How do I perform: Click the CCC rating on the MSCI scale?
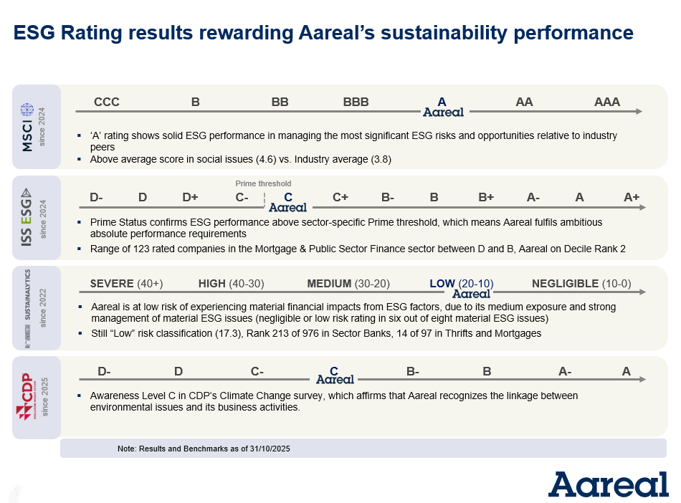click(107, 102)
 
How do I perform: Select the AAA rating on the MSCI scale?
click(607, 102)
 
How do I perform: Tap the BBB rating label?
click(356, 102)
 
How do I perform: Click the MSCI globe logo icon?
click(27, 110)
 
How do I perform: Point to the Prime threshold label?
click(264, 184)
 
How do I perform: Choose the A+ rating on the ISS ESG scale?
click(632, 198)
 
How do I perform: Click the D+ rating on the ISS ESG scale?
click(190, 198)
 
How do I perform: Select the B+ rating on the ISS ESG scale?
click(486, 198)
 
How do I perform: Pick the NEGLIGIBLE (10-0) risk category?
click(581, 284)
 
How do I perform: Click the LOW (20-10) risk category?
click(461, 284)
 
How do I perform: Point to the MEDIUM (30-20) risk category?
click(349, 284)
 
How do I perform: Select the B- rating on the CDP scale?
click(413, 371)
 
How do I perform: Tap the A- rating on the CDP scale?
click(565, 371)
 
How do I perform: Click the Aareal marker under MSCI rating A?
click(443, 112)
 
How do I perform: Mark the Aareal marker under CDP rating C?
click(335, 380)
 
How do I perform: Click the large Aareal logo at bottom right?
click(609, 484)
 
